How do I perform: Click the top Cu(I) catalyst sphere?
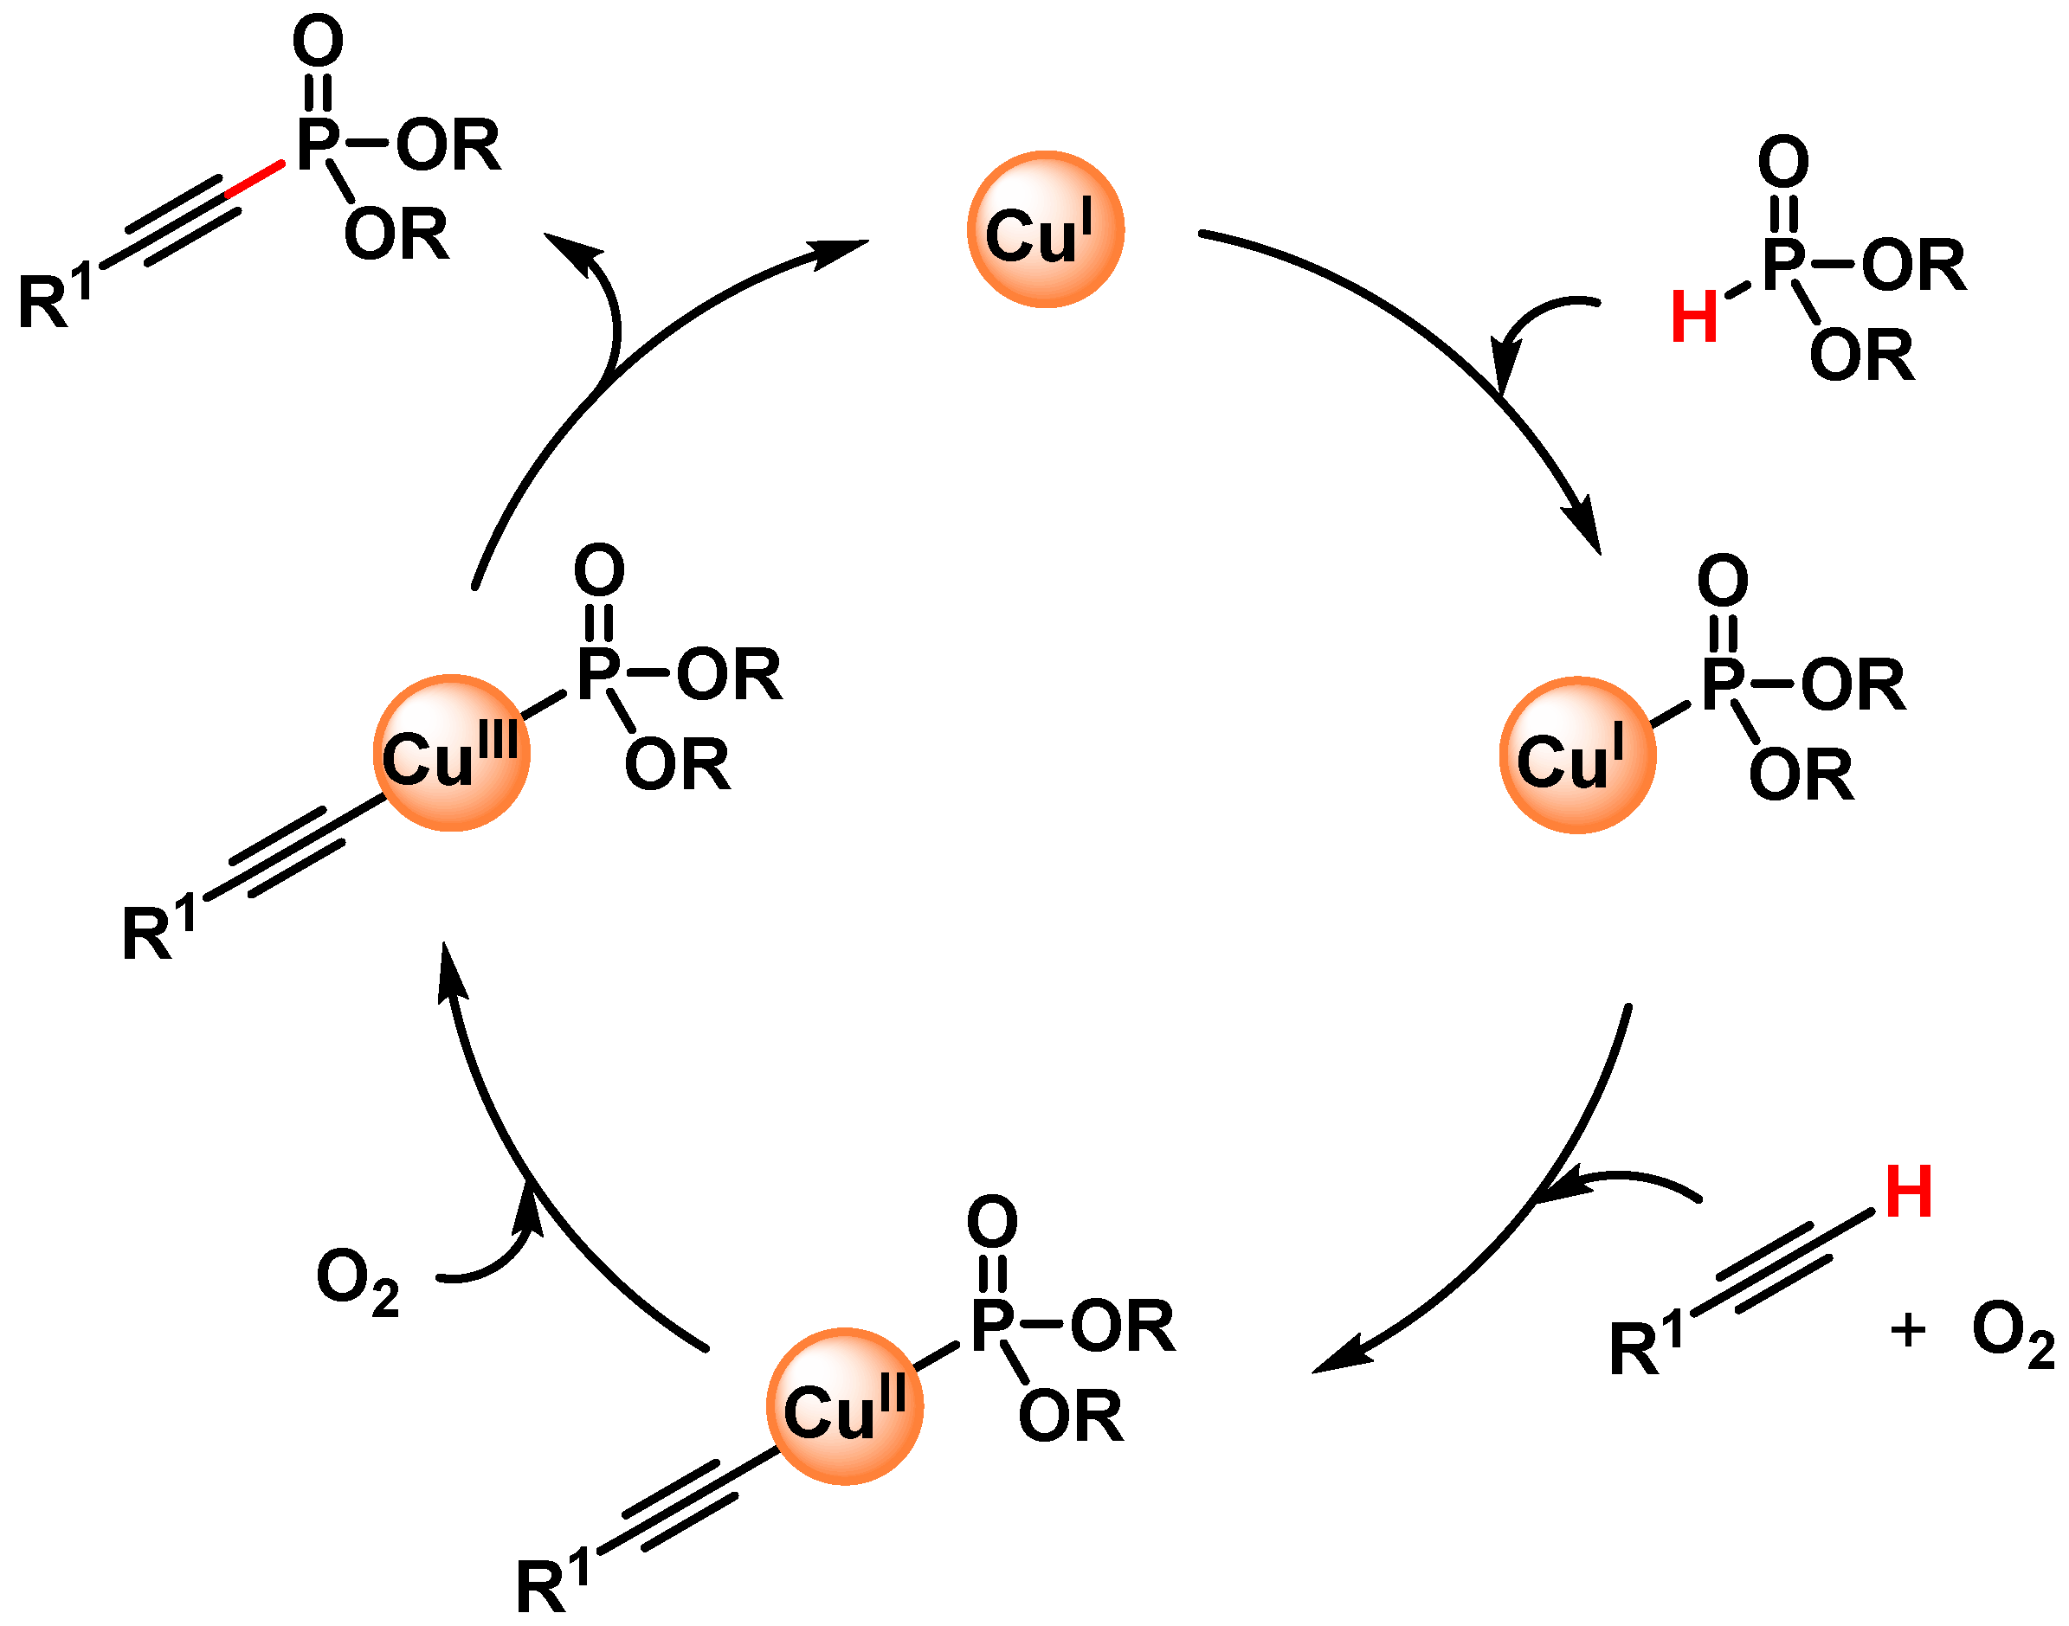coord(1046,229)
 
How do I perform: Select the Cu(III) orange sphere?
coord(451,753)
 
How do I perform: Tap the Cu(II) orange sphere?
coord(845,1406)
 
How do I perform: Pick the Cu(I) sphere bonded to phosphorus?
coord(1576,755)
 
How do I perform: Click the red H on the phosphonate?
coord(1694,317)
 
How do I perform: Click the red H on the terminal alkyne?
coord(1909,1191)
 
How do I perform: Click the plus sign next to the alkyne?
coord(1908,1330)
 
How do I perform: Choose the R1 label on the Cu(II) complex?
coord(552,1581)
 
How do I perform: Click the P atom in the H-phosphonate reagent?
coord(1783,264)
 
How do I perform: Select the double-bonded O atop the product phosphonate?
coord(317,43)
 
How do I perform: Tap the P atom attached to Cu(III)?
coord(599,673)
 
